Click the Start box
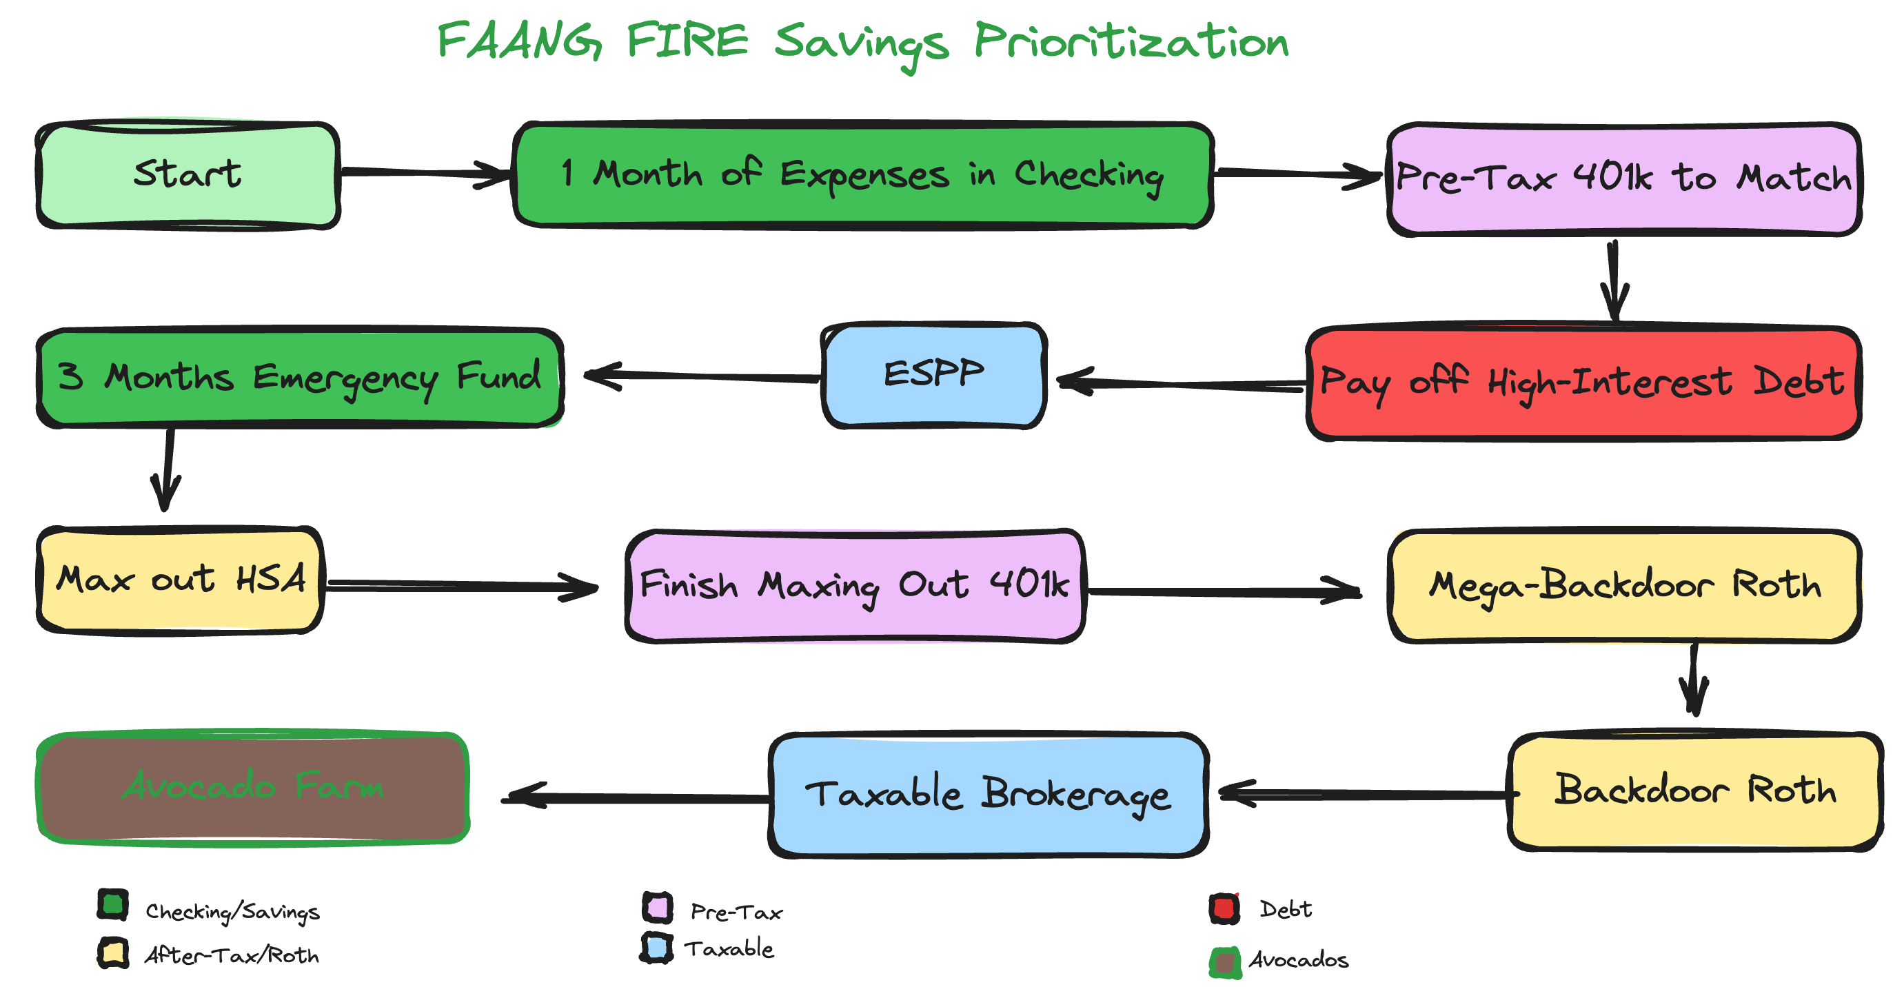point(188,175)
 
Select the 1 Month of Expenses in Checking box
point(862,175)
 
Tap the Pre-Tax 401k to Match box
point(1623,179)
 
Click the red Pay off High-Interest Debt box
point(1583,383)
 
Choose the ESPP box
point(933,375)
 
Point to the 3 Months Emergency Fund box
point(299,377)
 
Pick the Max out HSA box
point(181,580)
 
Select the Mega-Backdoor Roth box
point(1624,585)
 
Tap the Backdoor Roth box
point(1694,791)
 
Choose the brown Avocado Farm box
point(253,787)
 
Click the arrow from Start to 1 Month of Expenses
point(425,173)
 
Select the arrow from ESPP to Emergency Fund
point(702,376)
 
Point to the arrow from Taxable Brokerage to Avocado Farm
point(636,797)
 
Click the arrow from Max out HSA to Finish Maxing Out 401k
point(462,585)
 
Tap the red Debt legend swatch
point(1224,908)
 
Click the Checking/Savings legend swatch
point(113,905)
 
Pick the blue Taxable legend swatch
point(656,948)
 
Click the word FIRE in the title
point(687,41)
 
